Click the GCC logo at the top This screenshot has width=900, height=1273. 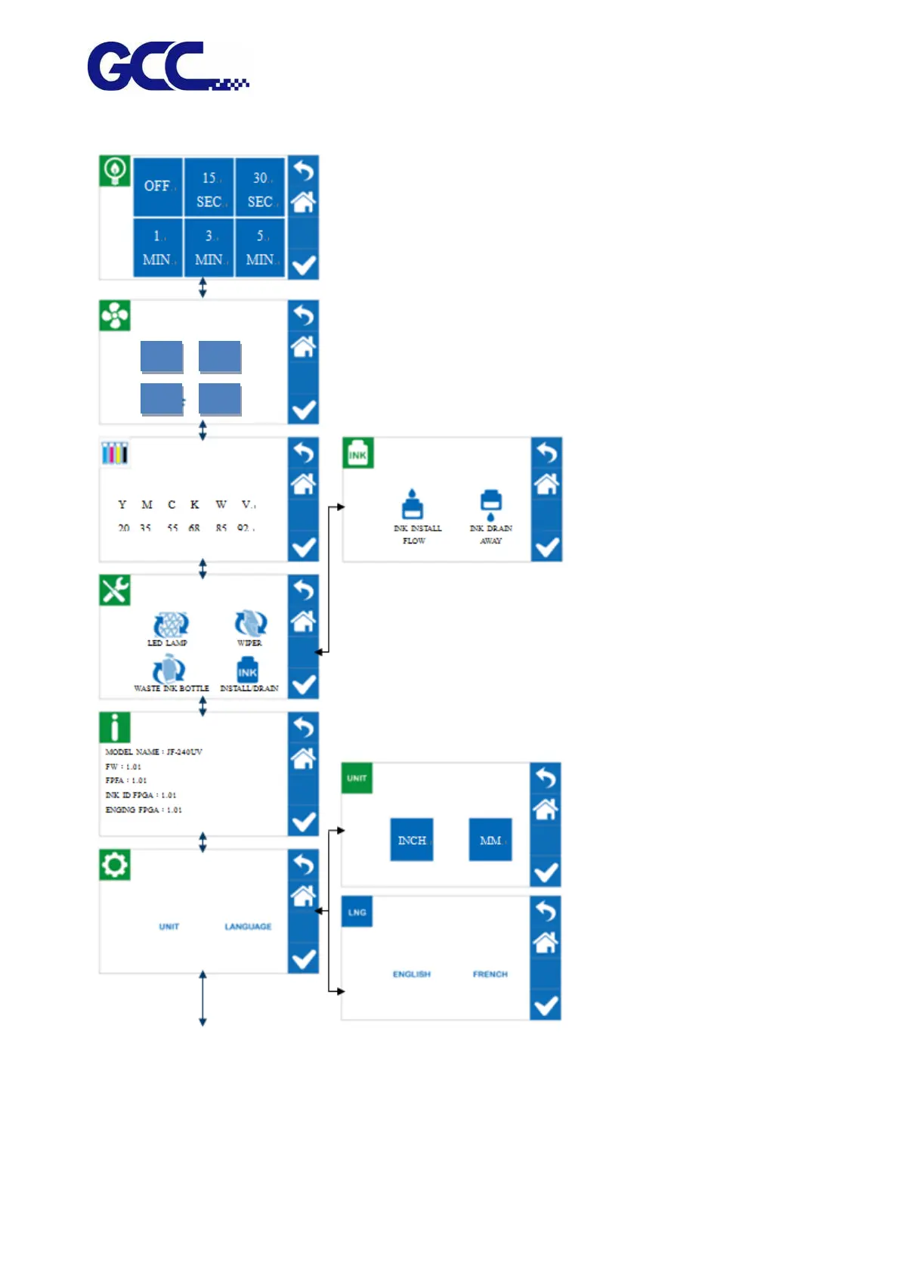(x=168, y=67)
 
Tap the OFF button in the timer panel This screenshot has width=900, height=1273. (x=158, y=186)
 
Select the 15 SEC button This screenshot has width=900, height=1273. (x=209, y=188)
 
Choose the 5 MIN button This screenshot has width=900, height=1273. (x=261, y=248)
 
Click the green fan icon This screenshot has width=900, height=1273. (x=115, y=316)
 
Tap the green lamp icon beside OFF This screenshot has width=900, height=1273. (x=115, y=171)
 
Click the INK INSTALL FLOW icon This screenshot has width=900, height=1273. (x=413, y=504)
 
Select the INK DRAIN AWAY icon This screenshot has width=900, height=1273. (x=490, y=504)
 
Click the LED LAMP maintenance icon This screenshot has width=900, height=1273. (x=171, y=625)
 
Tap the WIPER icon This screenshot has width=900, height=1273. (x=250, y=624)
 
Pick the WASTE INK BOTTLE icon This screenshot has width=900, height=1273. (x=169, y=671)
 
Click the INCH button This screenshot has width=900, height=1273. (x=412, y=840)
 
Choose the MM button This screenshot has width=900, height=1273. (x=490, y=840)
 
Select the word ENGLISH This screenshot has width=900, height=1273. (x=412, y=974)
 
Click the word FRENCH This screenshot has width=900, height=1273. (x=490, y=974)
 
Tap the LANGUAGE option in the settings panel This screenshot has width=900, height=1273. (x=248, y=927)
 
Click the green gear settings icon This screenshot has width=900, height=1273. (x=115, y=865)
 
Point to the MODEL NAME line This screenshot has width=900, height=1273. (x=154, y=752)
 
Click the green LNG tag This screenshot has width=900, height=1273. (x=357, y=912)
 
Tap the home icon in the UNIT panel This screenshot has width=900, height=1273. (x=546, y=810)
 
